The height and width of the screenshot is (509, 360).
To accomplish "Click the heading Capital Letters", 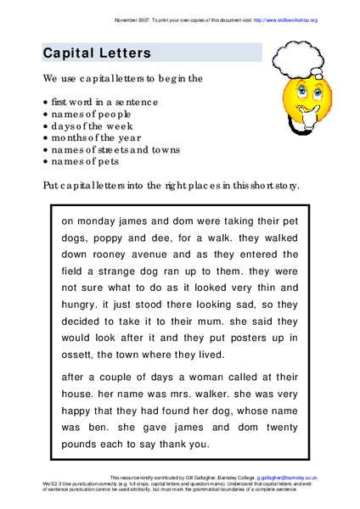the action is [97, 53].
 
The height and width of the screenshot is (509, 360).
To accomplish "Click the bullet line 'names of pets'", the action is [85, 160].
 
